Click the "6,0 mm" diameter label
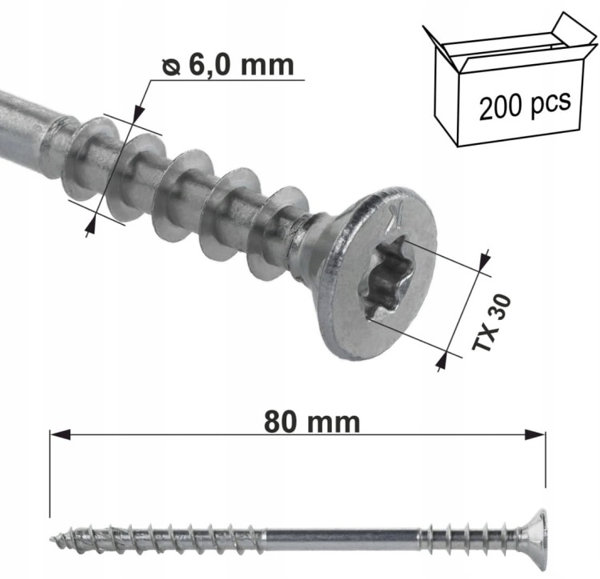tap(242, 66)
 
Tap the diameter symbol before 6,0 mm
tap(170, 67)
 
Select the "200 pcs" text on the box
tap(525, 104)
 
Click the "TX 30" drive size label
tap(492, 323)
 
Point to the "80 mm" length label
tap(312, 421)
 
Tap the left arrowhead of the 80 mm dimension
tap(60, 434)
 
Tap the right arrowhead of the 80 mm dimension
tap(535, 434)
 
